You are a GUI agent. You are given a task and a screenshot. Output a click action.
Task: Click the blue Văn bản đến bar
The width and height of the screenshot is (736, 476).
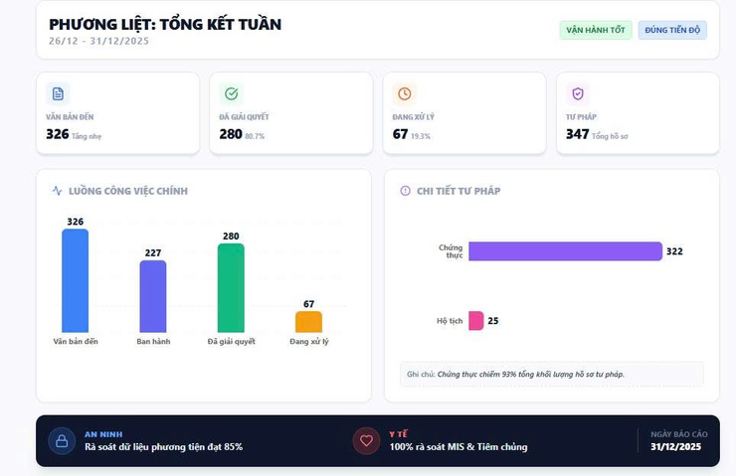tap(75, 280)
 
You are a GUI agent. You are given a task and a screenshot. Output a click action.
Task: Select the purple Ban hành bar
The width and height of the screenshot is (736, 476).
tap(153, 296)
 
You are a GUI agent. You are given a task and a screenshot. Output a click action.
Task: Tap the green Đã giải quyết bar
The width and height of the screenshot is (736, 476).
tap(231, 288)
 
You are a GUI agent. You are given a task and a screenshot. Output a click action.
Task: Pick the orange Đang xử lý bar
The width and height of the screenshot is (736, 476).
tap(308, 322)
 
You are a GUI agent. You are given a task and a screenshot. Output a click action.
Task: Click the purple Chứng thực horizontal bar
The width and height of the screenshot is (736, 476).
tap(565, 251)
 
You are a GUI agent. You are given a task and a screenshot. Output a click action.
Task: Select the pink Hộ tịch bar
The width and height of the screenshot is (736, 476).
tap(475, 321)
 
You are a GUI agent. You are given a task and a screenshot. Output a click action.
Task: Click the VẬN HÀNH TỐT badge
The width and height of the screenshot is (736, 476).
tap(596, 30)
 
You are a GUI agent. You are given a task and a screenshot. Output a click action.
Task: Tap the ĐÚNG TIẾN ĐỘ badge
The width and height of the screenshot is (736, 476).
tap(672, 30)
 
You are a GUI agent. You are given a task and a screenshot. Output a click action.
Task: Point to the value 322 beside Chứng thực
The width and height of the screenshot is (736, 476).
tap(674, 251)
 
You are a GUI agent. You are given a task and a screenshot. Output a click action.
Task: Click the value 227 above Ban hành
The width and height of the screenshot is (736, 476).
tap(153, 253)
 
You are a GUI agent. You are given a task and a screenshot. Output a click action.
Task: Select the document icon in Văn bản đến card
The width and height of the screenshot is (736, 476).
tap(58, 93)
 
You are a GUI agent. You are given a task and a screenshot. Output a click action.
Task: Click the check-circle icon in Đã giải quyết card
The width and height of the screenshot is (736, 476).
tap(232, 93)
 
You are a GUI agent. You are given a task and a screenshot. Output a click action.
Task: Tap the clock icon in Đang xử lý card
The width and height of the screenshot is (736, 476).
tap(405, 93)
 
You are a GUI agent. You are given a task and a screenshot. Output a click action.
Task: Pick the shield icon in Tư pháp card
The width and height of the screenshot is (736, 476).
tap(578, 93)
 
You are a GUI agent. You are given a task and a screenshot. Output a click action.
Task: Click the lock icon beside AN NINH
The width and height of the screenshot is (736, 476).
tap(62, 440)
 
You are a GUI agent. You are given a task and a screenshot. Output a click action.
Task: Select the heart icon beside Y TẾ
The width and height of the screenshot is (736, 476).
tap(366, 440)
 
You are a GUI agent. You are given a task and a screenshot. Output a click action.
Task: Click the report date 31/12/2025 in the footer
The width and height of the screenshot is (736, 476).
tap(676, 447)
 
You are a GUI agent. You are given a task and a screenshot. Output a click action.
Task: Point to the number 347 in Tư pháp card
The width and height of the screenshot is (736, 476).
tap(577, 134)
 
